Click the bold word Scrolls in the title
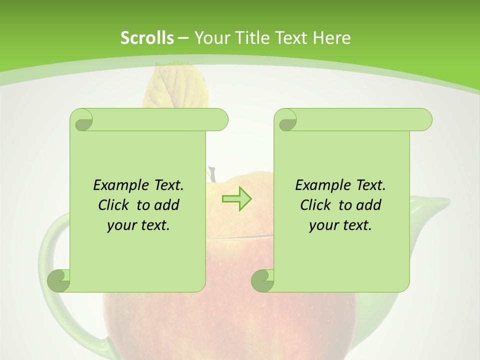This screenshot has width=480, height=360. tap(147, 37)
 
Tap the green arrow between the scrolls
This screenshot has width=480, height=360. tap(236, 199)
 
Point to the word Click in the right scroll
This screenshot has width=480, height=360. tap(316, 205)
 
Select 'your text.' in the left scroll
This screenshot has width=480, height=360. tap(138, 225)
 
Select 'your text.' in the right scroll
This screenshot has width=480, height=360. tap(340, 225)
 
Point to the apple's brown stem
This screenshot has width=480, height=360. tap(212, 174)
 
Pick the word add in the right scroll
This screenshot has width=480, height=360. tap(369, 205)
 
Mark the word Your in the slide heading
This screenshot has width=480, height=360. tap(210, 37)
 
